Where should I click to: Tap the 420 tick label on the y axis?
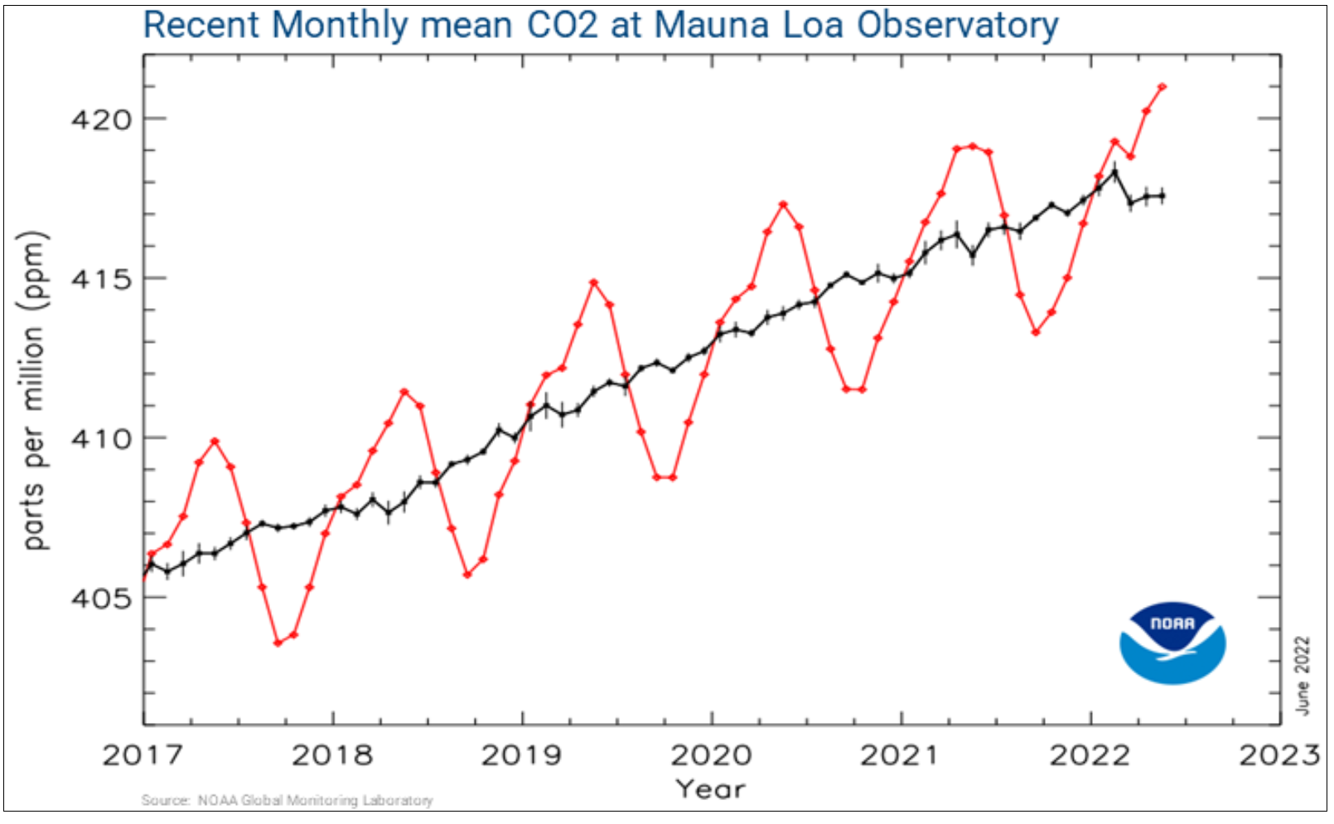pyautogui.click(x=101, y=120)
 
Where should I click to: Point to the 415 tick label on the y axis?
pyautogui.click(x=101, y=279)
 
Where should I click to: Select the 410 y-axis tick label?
pyautogui.click(x=101, y=439)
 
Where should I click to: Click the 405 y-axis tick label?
pyautogui.click(x=101, y=598)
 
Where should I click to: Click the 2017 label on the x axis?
pyautogui.click(x=143, y=754)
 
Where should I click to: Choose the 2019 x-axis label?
pyautogui.click(x=521, y=754)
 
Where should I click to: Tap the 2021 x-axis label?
pyautogui.click(x=900, y=754)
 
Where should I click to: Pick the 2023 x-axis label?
pyautogui.click(x=1278, y=754)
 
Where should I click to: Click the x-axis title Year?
pyautogui.click(x=710, y=788)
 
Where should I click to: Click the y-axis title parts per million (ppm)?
pyautogui.click(x=33, y=389)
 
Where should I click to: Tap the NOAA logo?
pyautogui.click(x=1172, y=643)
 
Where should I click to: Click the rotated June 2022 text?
pyautogui.click(x=1303, y=675)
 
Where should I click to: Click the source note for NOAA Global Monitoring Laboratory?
pyautogui.click(x=287, y=800)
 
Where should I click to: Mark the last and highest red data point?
pyautogui.click(x=1162, y=86)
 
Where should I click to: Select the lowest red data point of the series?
pyautogui.click(x=278, y=643)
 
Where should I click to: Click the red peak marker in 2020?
pyautogui.click(x=783, y=204)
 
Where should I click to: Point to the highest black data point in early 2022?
pyautogui.click(x=1114, y=171)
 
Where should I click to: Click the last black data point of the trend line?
pyautogui.click(x=1162, y=195)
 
